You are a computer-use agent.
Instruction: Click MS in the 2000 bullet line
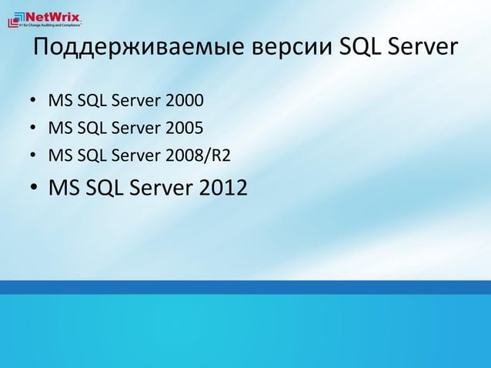(x=58, y=101)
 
